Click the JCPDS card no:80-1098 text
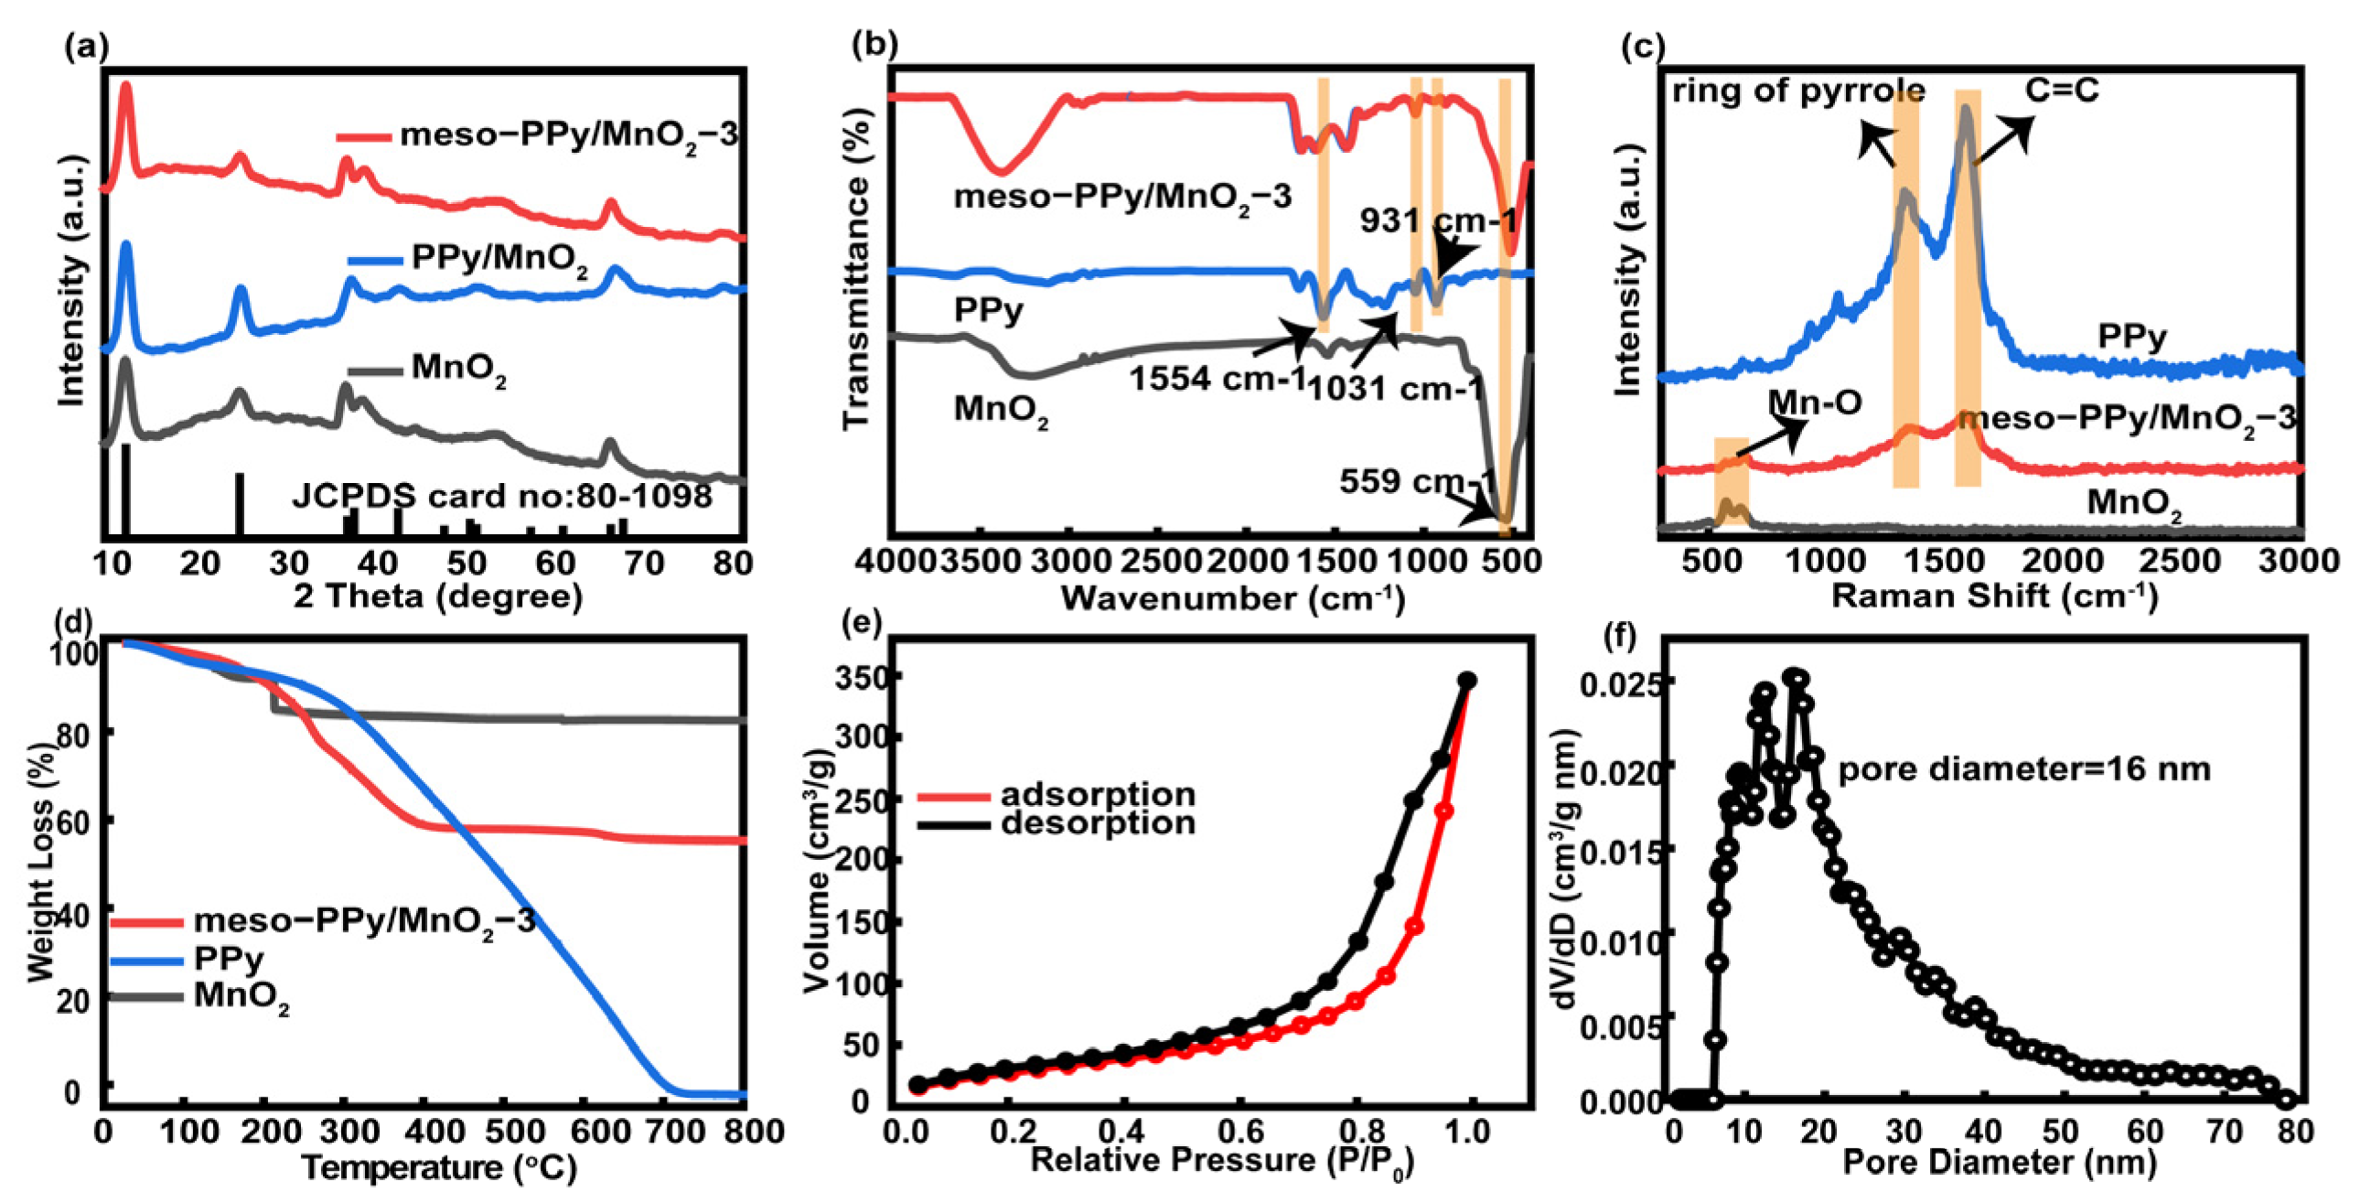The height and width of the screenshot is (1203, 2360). (x=502, y=497)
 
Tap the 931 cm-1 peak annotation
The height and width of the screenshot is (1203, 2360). (x=1438, y=220)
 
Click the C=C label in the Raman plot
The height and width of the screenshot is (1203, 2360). (x=2061, y=90)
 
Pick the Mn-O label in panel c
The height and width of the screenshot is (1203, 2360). (x=1814, y=402)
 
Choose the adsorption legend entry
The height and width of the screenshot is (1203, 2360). (x=1098, y=794)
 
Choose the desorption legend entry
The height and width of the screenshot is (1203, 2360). (x=1098, y=822)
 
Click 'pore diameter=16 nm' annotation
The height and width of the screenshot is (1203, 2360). (x=2024, y=768)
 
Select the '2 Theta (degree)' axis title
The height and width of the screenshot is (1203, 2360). (x=438, y=596)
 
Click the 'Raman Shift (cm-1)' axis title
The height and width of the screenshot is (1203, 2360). (x=1994, y=596)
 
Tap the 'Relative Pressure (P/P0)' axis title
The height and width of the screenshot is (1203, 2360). (x=1223, y=1162)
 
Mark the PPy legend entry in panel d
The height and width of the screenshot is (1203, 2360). (x=229, y=960)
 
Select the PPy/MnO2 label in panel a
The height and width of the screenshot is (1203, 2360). (x=499, y=259)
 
